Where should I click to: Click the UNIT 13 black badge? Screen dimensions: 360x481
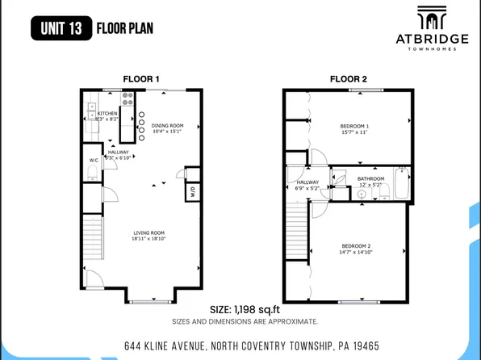pyautogui.click(x=61, y=28)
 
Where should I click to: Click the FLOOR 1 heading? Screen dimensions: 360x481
pyautogui.click(x=141, y=78)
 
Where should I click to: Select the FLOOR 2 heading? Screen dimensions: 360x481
pyautogui.click(x=348, y=78)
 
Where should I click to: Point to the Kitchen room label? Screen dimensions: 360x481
pyautogui.click(x=107, y=114)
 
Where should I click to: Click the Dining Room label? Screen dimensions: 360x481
pyautogui.click(x=168, y=125)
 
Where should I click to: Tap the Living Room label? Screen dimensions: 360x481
pyautogui.click(x=149, y=232)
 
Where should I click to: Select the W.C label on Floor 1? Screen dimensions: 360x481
pyautogui.click(x=94, y=161)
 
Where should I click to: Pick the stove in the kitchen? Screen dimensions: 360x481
pyautogui.click(x=128, y=98)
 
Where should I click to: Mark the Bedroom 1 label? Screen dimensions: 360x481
pyautogui.click(x=355, y=127)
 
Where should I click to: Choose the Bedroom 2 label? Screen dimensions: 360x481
pyautogui.click(x=356, y=245)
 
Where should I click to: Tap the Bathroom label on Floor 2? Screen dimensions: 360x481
pyautogui.click(x=370, y=178)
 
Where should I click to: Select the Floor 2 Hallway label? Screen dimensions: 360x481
pyautogui.click(x=307, y=182)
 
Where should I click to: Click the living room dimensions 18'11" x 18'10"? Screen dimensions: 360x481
pyautogui.click(x=149, y=239)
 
